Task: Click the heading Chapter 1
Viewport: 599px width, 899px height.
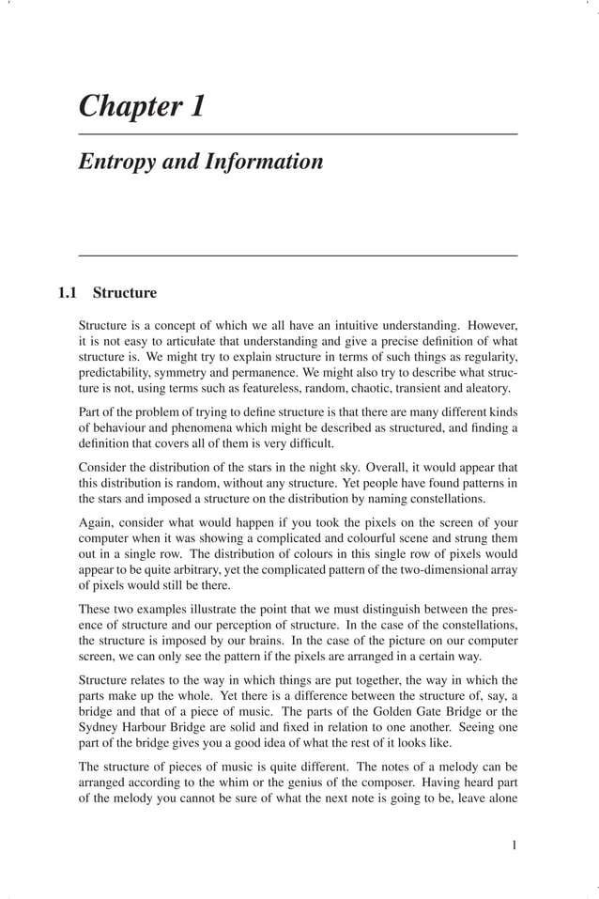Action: (x=141, y=106)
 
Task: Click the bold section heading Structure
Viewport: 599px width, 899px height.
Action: (x=125, y=292)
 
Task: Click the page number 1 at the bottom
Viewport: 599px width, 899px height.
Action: (x=515, y=845)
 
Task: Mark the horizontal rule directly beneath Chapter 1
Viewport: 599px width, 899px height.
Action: (x=298, y=135)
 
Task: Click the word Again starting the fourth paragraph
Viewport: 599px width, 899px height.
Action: (x=96, y=522)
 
